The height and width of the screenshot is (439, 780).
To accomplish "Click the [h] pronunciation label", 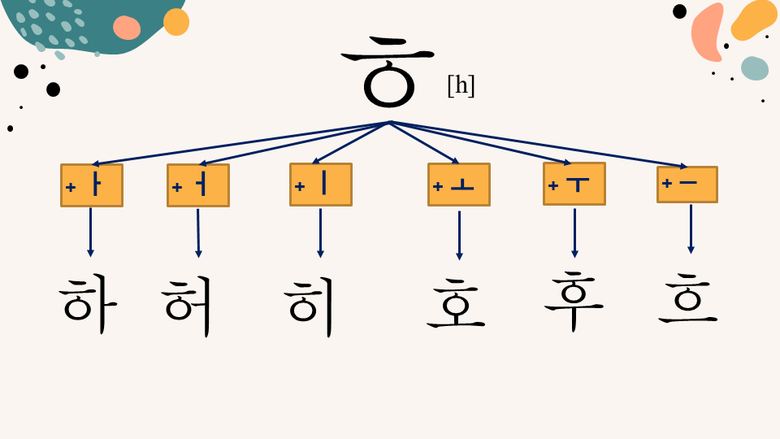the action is coord(461,85).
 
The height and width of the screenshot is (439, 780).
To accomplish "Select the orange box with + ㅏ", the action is coord(92,185).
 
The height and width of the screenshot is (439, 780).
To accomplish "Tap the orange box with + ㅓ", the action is coord(198,185).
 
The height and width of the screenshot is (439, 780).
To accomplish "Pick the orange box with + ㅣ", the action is coord(321,185).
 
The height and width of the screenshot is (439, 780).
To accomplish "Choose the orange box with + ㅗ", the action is coord(459,185).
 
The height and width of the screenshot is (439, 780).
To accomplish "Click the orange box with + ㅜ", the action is coord(574,184).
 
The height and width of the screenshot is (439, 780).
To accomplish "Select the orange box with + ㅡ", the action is coord(687,185).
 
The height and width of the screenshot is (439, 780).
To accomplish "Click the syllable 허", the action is coord(187,306).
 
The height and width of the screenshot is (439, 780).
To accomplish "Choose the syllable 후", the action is coord(574,302).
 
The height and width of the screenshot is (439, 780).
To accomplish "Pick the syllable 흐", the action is coord(688,298).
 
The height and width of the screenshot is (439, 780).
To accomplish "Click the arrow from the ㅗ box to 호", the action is coord(459,236).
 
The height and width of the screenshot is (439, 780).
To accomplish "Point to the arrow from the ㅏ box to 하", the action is coord(90,233).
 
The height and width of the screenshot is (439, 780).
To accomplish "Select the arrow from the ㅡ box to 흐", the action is coord(691,229).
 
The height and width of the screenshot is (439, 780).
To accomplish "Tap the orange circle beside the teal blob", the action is coord(176,22).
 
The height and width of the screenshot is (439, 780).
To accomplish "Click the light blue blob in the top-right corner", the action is coord(755,68).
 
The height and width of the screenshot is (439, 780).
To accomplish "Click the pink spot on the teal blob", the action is coord(127,28).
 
